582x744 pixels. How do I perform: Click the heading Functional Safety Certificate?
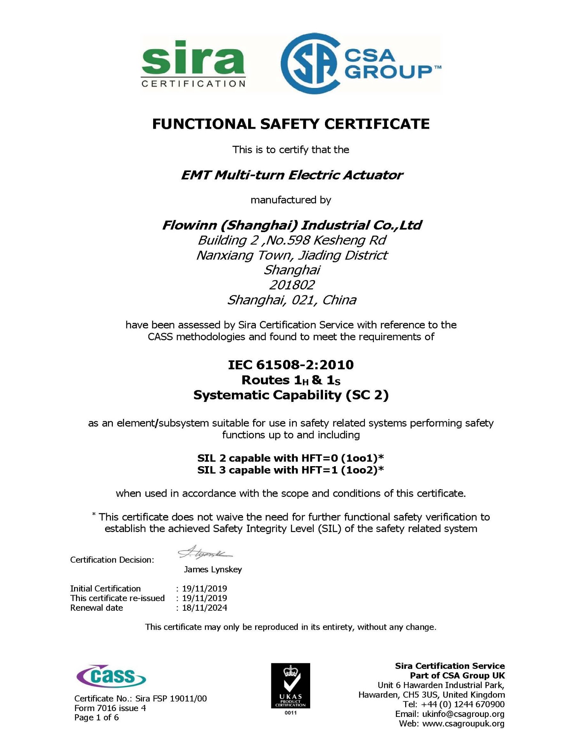(x=291, y=124)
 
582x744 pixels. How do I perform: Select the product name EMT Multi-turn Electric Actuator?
(x=292, y=175)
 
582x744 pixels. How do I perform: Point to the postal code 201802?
(x=292, y=285)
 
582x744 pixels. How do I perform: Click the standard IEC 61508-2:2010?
(x=291, y=365)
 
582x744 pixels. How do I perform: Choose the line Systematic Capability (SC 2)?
(x=291, y=395)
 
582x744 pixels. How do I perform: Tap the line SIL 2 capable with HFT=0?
(x=290, y=458)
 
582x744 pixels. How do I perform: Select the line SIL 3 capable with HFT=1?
(x=290, y=470)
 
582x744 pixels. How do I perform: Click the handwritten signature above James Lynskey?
(x=205, y=552)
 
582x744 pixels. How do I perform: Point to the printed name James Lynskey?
(x=212, y=569)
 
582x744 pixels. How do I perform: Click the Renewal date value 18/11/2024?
(x=204, y=608)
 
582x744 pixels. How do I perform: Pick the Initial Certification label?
(x=105, y=588)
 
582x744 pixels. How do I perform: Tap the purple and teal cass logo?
(x=111, y=676)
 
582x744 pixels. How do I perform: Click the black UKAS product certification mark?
(x=290, y=686)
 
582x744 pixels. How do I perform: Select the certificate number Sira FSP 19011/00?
(x=171, y=699)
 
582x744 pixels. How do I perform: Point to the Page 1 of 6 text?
(x=97, y=717)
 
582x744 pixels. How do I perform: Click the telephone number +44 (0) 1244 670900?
(x=463, y=704)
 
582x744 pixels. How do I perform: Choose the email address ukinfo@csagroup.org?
(x=463, y=714)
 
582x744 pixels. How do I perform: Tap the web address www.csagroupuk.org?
(x=463, y=723)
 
